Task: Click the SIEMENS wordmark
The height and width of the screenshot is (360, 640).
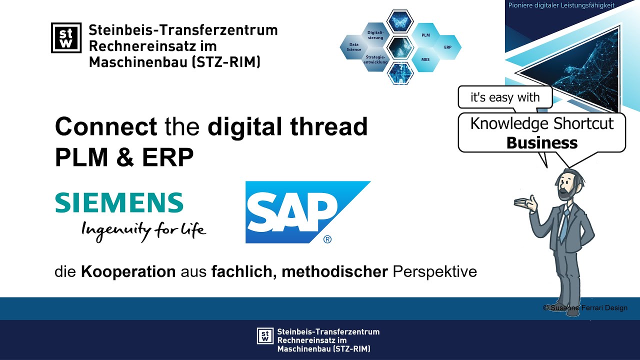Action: coord(119,202)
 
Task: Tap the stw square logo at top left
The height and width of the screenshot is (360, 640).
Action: coord(66,37)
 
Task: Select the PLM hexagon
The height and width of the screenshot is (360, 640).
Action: coord(425,35)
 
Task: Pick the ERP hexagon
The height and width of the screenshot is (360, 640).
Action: coord(447,47)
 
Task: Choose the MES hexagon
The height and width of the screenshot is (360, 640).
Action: coord(425,59)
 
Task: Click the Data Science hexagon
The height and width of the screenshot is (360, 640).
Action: coord(354,47)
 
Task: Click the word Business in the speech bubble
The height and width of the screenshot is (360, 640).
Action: coord(542,143)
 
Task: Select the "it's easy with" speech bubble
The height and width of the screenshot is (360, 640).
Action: coord(505,97)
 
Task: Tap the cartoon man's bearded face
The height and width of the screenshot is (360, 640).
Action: coord(566,185)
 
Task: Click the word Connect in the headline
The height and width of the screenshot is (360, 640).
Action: coord(105,127)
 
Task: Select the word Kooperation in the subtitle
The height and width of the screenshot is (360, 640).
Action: coord(128,272)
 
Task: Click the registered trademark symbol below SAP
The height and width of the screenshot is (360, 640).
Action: coord(327,239)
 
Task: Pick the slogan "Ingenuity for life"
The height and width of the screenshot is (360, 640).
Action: coord(143,229)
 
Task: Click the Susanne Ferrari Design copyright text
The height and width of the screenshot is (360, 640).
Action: coord(585,308)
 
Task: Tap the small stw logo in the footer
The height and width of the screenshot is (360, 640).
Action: coord(265,336)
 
